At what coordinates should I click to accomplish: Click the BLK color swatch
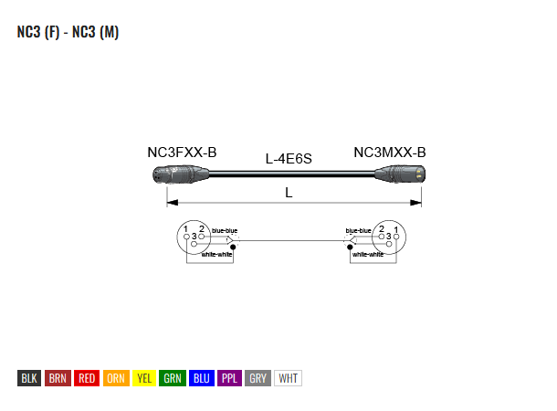(29, 378)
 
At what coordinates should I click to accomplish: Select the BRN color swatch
(58, 378)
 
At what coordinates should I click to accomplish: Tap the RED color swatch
(87, 378)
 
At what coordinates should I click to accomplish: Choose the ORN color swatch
(116, 378)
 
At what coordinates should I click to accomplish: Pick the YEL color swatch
(144, 378)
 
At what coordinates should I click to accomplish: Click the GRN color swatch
(173, 378)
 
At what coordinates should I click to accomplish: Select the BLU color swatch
(202, 378)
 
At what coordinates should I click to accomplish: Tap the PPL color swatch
(229, 378)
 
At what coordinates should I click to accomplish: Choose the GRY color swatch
(257, 378)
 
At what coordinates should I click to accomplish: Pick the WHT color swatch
(289, 378)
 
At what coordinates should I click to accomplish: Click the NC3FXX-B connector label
(182, 153)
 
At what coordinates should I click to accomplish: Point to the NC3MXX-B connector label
(390, 153)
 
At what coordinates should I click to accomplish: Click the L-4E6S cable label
(289, 159)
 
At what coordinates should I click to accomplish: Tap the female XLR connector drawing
(181, 174)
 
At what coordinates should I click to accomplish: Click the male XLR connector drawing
(400, 174)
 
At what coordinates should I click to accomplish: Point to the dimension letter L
(289, 193)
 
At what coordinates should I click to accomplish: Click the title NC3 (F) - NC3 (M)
(68, 32)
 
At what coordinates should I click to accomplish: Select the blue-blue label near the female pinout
(225, 231)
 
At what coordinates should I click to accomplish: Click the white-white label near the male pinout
(368, 254)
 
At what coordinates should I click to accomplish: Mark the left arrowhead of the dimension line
(173, 203)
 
